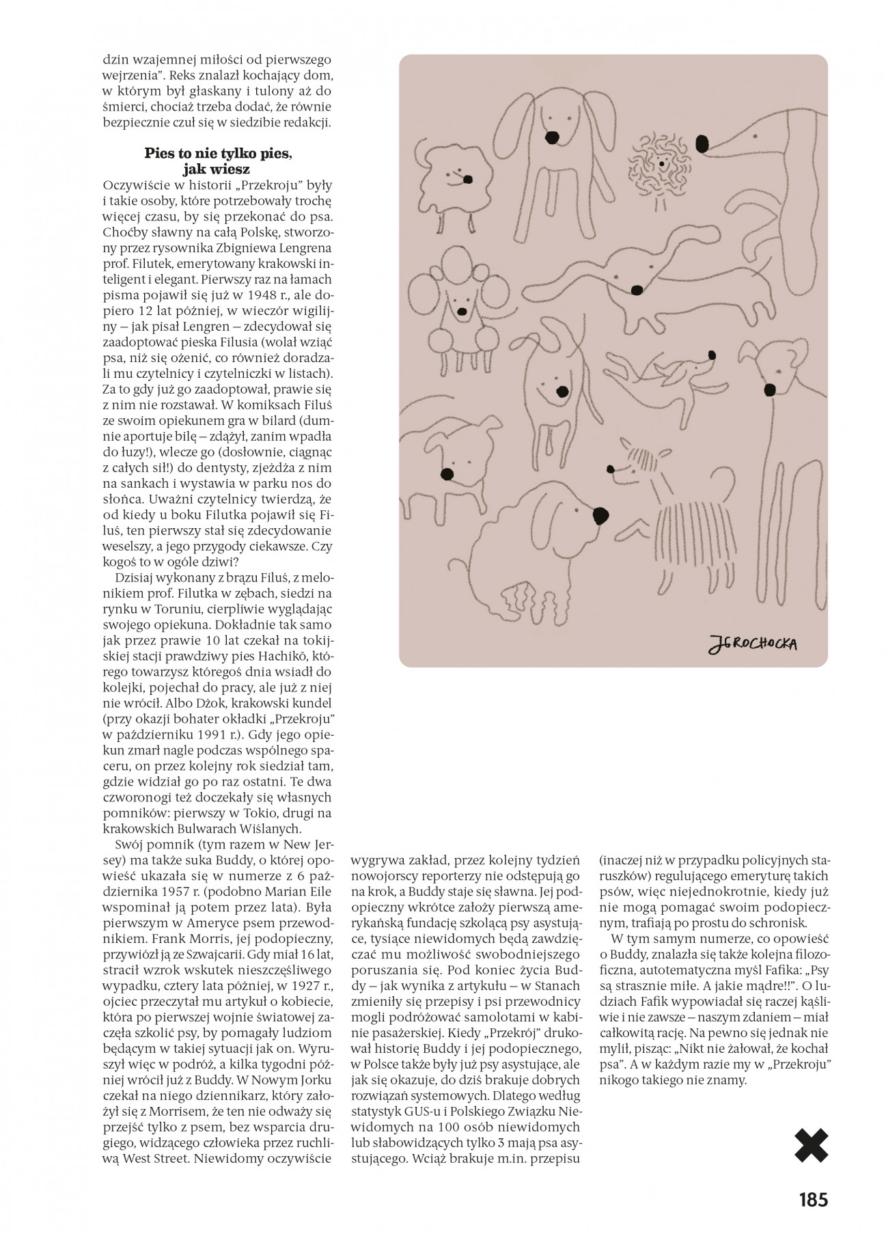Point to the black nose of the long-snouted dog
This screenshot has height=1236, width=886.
point(702,144)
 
